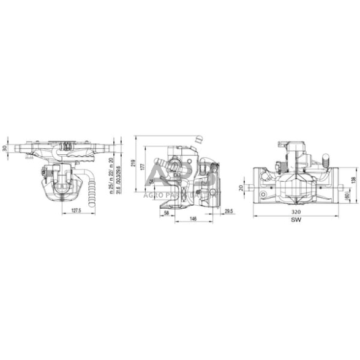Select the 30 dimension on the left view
(6, 149)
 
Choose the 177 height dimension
(143, 167)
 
